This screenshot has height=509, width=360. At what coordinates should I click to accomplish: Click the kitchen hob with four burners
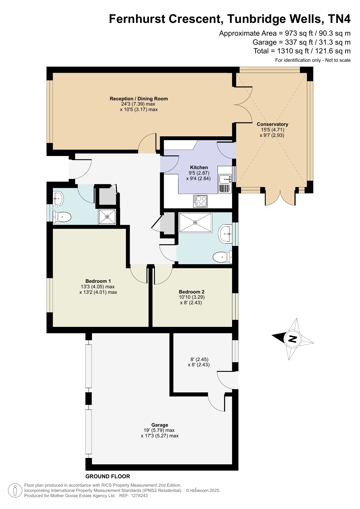click(x=200, y=201)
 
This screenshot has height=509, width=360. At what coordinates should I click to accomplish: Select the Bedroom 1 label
click(x=98, y=281)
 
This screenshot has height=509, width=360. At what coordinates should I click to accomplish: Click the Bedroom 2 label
click(x=191, y=292)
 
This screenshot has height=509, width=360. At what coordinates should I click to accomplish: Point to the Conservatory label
click(x=272, y=124)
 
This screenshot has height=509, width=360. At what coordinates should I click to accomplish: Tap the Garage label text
click(x=160, y=425)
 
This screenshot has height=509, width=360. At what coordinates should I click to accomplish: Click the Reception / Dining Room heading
click(x=139, y=99)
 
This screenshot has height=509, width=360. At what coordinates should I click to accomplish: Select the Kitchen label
click(x=199, y=167)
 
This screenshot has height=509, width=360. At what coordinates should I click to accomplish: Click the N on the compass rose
click(x=293, y=339)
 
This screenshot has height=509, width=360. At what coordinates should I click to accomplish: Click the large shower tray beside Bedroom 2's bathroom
click(x=195, y=222)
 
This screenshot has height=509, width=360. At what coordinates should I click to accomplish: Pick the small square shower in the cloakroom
click(x=107, y=217)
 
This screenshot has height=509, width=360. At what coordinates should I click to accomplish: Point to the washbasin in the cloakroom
click(x=58, y=199)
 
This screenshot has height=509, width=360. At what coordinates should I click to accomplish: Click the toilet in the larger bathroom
click(x=222, y=257)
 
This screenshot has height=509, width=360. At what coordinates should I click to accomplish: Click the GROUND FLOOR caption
click(x=108, y=476)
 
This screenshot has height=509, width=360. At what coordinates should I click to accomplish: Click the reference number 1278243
click(x=139, y=496)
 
